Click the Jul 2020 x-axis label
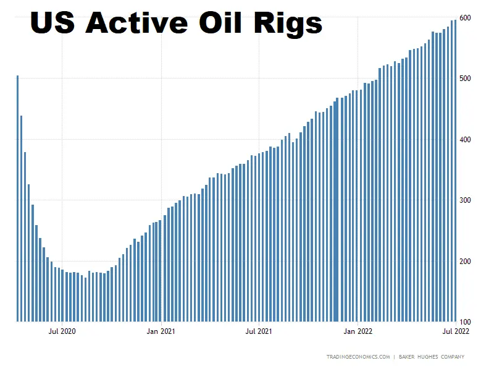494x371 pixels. [x=62, y=331]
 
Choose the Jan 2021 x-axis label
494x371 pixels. [x=161, y=331]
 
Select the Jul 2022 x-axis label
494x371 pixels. [x=456, y=331]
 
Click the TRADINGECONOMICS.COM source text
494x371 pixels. [x=358, y=357]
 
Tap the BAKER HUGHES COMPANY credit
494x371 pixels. [x=431, y=357]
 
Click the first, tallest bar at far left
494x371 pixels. [x=17, y=198]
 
